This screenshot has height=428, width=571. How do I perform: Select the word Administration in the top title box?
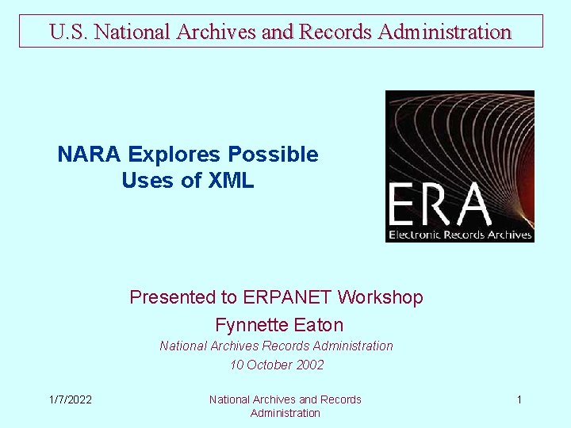tap(445, 32)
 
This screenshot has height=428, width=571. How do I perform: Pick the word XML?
tap(231, 181)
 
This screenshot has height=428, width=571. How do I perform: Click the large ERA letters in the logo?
tap(439, 205)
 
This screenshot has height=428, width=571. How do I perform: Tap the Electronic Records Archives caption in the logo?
tap(460, 235)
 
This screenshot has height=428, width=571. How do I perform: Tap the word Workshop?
tap(381, 297)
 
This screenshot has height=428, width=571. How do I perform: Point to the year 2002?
tap(310, 365)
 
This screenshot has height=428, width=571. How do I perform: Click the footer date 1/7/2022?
tap(70, 399)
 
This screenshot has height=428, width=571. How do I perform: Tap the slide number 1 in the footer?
tap(519, 399)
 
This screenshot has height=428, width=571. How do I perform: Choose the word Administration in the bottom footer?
tap(285, 413)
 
